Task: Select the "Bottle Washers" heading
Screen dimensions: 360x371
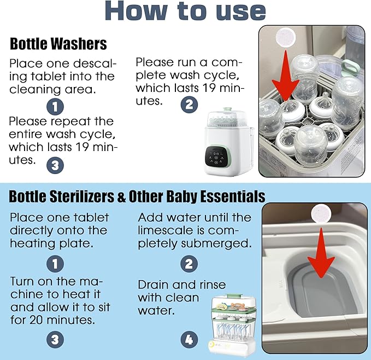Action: click(x=58, y=43)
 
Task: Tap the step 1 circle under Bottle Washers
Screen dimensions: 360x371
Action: click(x=56, y=105)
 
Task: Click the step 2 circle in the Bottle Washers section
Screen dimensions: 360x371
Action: click(x=189, y=103)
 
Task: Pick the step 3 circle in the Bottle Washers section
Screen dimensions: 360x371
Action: click(x=55, y=164)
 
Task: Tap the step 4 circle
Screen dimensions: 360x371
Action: click(x=189, y=339)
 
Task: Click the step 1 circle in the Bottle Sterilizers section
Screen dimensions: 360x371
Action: click(x=55, y=264)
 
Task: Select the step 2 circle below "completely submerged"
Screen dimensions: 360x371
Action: click(x=189, y=264)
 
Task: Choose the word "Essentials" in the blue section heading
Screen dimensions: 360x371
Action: click(x=232, y=196)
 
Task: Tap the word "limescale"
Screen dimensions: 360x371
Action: click(x=164, y=230)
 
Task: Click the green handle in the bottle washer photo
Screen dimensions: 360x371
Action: click(x=350, y=67)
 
